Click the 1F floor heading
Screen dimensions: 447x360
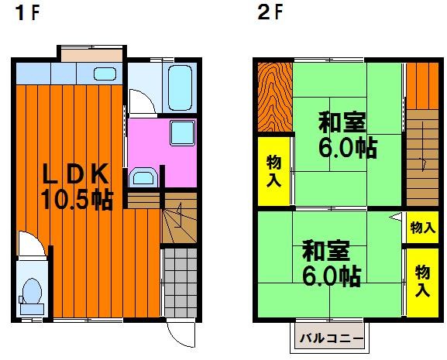tap(27, 13)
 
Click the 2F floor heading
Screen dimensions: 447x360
tap(270, 13)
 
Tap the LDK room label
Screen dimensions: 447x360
tap(75, 173)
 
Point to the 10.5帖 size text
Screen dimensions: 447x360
tap(77, 200)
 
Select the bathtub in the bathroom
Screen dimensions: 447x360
tap(180, 87)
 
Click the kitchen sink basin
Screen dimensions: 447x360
tap(105, 74)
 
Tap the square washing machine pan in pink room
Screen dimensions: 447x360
tap(183, 132)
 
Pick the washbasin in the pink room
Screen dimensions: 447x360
tap(143, 177)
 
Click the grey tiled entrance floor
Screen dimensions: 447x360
tap(181, 283)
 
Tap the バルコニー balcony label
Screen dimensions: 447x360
tap(332, 338)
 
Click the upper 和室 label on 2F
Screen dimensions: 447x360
tap(342, 122)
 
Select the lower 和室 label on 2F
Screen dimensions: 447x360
tap(326, 251)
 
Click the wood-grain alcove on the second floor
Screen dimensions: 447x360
tap(275, 97)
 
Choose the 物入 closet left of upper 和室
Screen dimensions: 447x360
tap(273, 171)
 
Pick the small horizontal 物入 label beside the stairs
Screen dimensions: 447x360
tap(422, 228)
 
